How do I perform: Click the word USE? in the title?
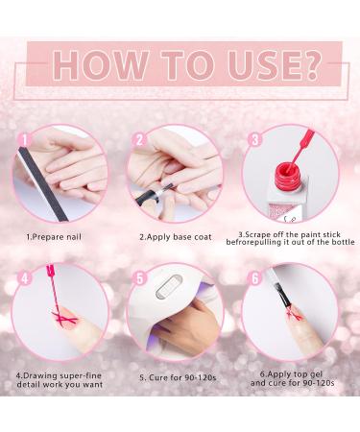[274, 65]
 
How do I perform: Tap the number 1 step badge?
[24, 140]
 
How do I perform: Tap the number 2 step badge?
[139, 140]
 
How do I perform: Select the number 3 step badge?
[255, 140]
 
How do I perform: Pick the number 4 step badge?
[24, 278]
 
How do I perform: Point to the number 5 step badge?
[139, 278]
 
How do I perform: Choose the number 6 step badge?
[255, 278]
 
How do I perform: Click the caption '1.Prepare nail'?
[54, 237]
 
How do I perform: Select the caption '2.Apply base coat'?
[176, 237]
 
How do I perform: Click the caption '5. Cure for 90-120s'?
[178, 377]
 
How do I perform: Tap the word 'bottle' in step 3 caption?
[343, 242]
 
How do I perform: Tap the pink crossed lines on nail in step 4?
[65, 318]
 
